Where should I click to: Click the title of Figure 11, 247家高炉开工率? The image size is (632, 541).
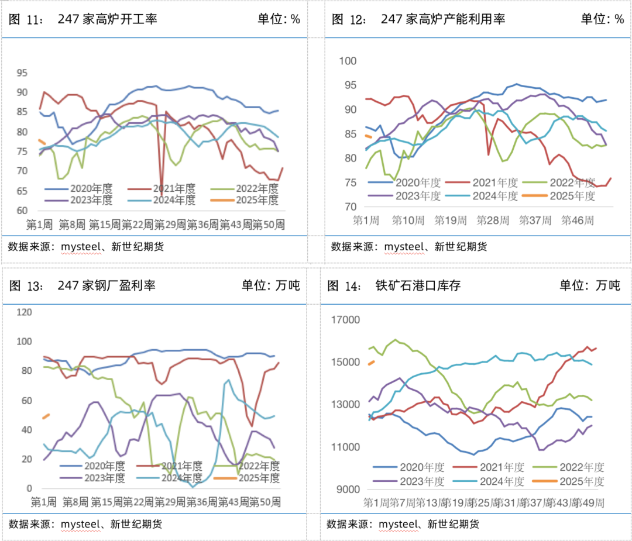(107, 19)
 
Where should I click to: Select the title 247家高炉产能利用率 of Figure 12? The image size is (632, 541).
(442, 19)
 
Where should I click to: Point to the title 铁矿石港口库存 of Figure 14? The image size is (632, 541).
(418, 285)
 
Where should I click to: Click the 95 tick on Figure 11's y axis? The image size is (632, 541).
(22, 73)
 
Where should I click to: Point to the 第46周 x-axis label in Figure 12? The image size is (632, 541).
(577, 220)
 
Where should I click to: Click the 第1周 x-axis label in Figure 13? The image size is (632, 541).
(43, 502)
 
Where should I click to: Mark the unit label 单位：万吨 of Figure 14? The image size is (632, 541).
(589, 285)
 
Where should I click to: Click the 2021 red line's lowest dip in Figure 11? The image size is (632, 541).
(162, 196)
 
